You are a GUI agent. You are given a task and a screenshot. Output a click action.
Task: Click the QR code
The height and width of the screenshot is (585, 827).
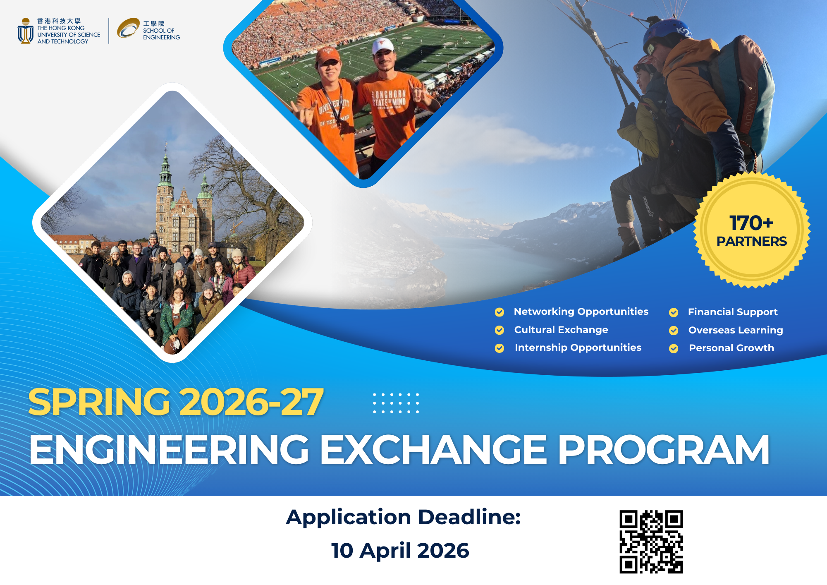pos(651,542)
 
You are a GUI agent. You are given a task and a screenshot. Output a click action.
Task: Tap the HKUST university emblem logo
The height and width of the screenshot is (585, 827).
pos(26,31)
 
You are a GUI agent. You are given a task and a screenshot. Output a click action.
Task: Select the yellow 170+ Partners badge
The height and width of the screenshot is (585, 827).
pos(752,230)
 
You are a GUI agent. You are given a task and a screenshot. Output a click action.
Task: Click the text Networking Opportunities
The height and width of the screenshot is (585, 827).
pos(581,312)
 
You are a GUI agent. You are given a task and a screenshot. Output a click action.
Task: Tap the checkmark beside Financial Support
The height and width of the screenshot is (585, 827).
pos(674,312)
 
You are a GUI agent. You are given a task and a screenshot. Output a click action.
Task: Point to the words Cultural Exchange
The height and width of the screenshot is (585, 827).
pos(561,330)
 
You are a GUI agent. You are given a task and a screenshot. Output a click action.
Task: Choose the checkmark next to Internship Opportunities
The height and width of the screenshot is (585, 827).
pos(500,348)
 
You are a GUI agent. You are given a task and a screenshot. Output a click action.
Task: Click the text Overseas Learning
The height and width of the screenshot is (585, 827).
pos(736,330)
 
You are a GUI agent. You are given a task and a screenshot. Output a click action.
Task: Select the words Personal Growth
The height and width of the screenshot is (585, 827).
pos(731,348)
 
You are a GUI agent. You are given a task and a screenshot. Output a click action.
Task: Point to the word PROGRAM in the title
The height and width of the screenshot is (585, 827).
pos(664,450)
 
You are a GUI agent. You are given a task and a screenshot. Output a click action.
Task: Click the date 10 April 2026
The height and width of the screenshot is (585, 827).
pos(400,551)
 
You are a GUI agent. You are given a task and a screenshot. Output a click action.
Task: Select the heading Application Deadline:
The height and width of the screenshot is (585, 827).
pos(403,517)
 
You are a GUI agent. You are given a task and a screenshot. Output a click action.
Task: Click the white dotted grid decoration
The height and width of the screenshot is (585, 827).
pos(396,403)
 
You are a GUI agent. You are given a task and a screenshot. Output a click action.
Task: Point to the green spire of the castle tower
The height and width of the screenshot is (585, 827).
pos(166,165)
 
